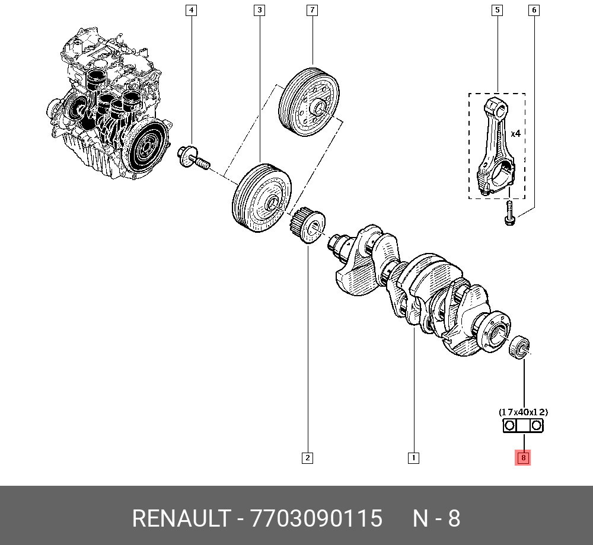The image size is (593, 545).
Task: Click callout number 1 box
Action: [x=413, y=457]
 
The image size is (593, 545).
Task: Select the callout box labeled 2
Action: [x=307, y=457]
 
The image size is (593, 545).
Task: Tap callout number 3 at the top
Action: [x=259, y=10]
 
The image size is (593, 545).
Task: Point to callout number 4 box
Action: [x=190, y=10]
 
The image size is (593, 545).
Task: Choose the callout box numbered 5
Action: [x=496, y=10]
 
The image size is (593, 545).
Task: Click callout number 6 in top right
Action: [x=534, y=10]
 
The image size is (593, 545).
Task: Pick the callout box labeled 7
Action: [x=312, y=10]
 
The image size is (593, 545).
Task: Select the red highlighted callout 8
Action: [x=523, y=457]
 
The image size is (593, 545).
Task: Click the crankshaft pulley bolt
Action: [x=194, y=157]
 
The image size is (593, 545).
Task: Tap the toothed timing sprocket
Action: [x=308, y=225]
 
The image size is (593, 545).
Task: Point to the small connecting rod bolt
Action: [x=509, y=214]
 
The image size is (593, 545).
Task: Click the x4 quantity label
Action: [x=515, y=134]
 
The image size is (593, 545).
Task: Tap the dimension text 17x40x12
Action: [x=523, y=411]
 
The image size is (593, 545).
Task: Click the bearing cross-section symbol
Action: [x=523, y=425]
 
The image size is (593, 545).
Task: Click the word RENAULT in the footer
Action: [x=180, y=519]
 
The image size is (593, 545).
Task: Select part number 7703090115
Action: [x=317, y=519]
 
